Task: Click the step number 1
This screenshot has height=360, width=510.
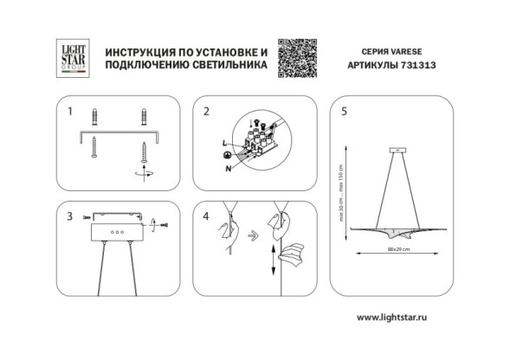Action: point(70,112)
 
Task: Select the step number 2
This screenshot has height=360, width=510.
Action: point(206,112)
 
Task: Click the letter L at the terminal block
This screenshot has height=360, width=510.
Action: point(224,142)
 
